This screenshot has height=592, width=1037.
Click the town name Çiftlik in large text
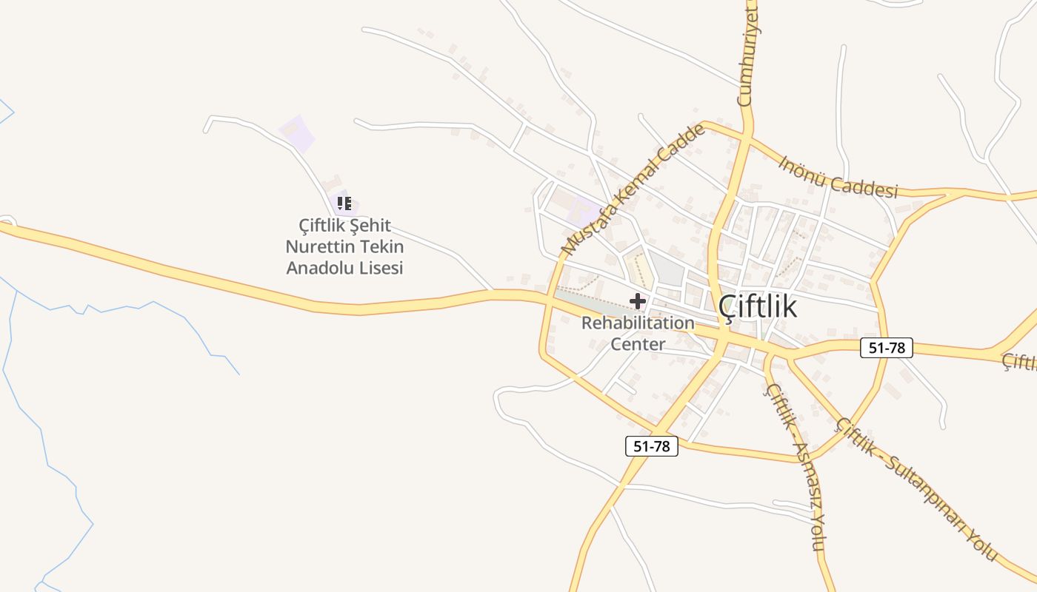[758, 306]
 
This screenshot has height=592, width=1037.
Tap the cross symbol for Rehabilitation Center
[637, 301]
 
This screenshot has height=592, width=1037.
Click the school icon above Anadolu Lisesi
[344, 203]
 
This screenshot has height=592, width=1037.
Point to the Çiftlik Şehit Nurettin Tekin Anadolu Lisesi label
[345, 246]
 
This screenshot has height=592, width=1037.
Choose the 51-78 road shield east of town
[886, 348]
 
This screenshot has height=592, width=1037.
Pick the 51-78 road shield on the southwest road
[652, 446]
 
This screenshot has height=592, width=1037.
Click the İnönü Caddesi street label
[838, 177]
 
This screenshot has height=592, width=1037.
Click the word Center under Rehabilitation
[638, 344]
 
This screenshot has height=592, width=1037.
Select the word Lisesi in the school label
[378, 268]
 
